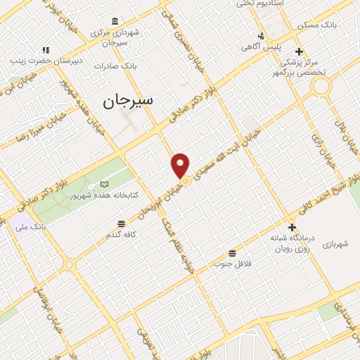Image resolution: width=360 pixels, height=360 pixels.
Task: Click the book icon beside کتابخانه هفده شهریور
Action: coord(104,184)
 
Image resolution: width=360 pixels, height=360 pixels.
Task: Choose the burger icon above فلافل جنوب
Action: coord(232,253)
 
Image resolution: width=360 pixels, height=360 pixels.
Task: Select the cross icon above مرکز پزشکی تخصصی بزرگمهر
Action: coord(300,51)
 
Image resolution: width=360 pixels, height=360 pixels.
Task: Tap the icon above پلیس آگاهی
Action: coord(262,36)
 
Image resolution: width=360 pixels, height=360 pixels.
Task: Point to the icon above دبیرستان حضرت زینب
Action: coord(46,50)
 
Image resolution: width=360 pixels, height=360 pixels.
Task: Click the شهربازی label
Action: coord(341,245)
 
